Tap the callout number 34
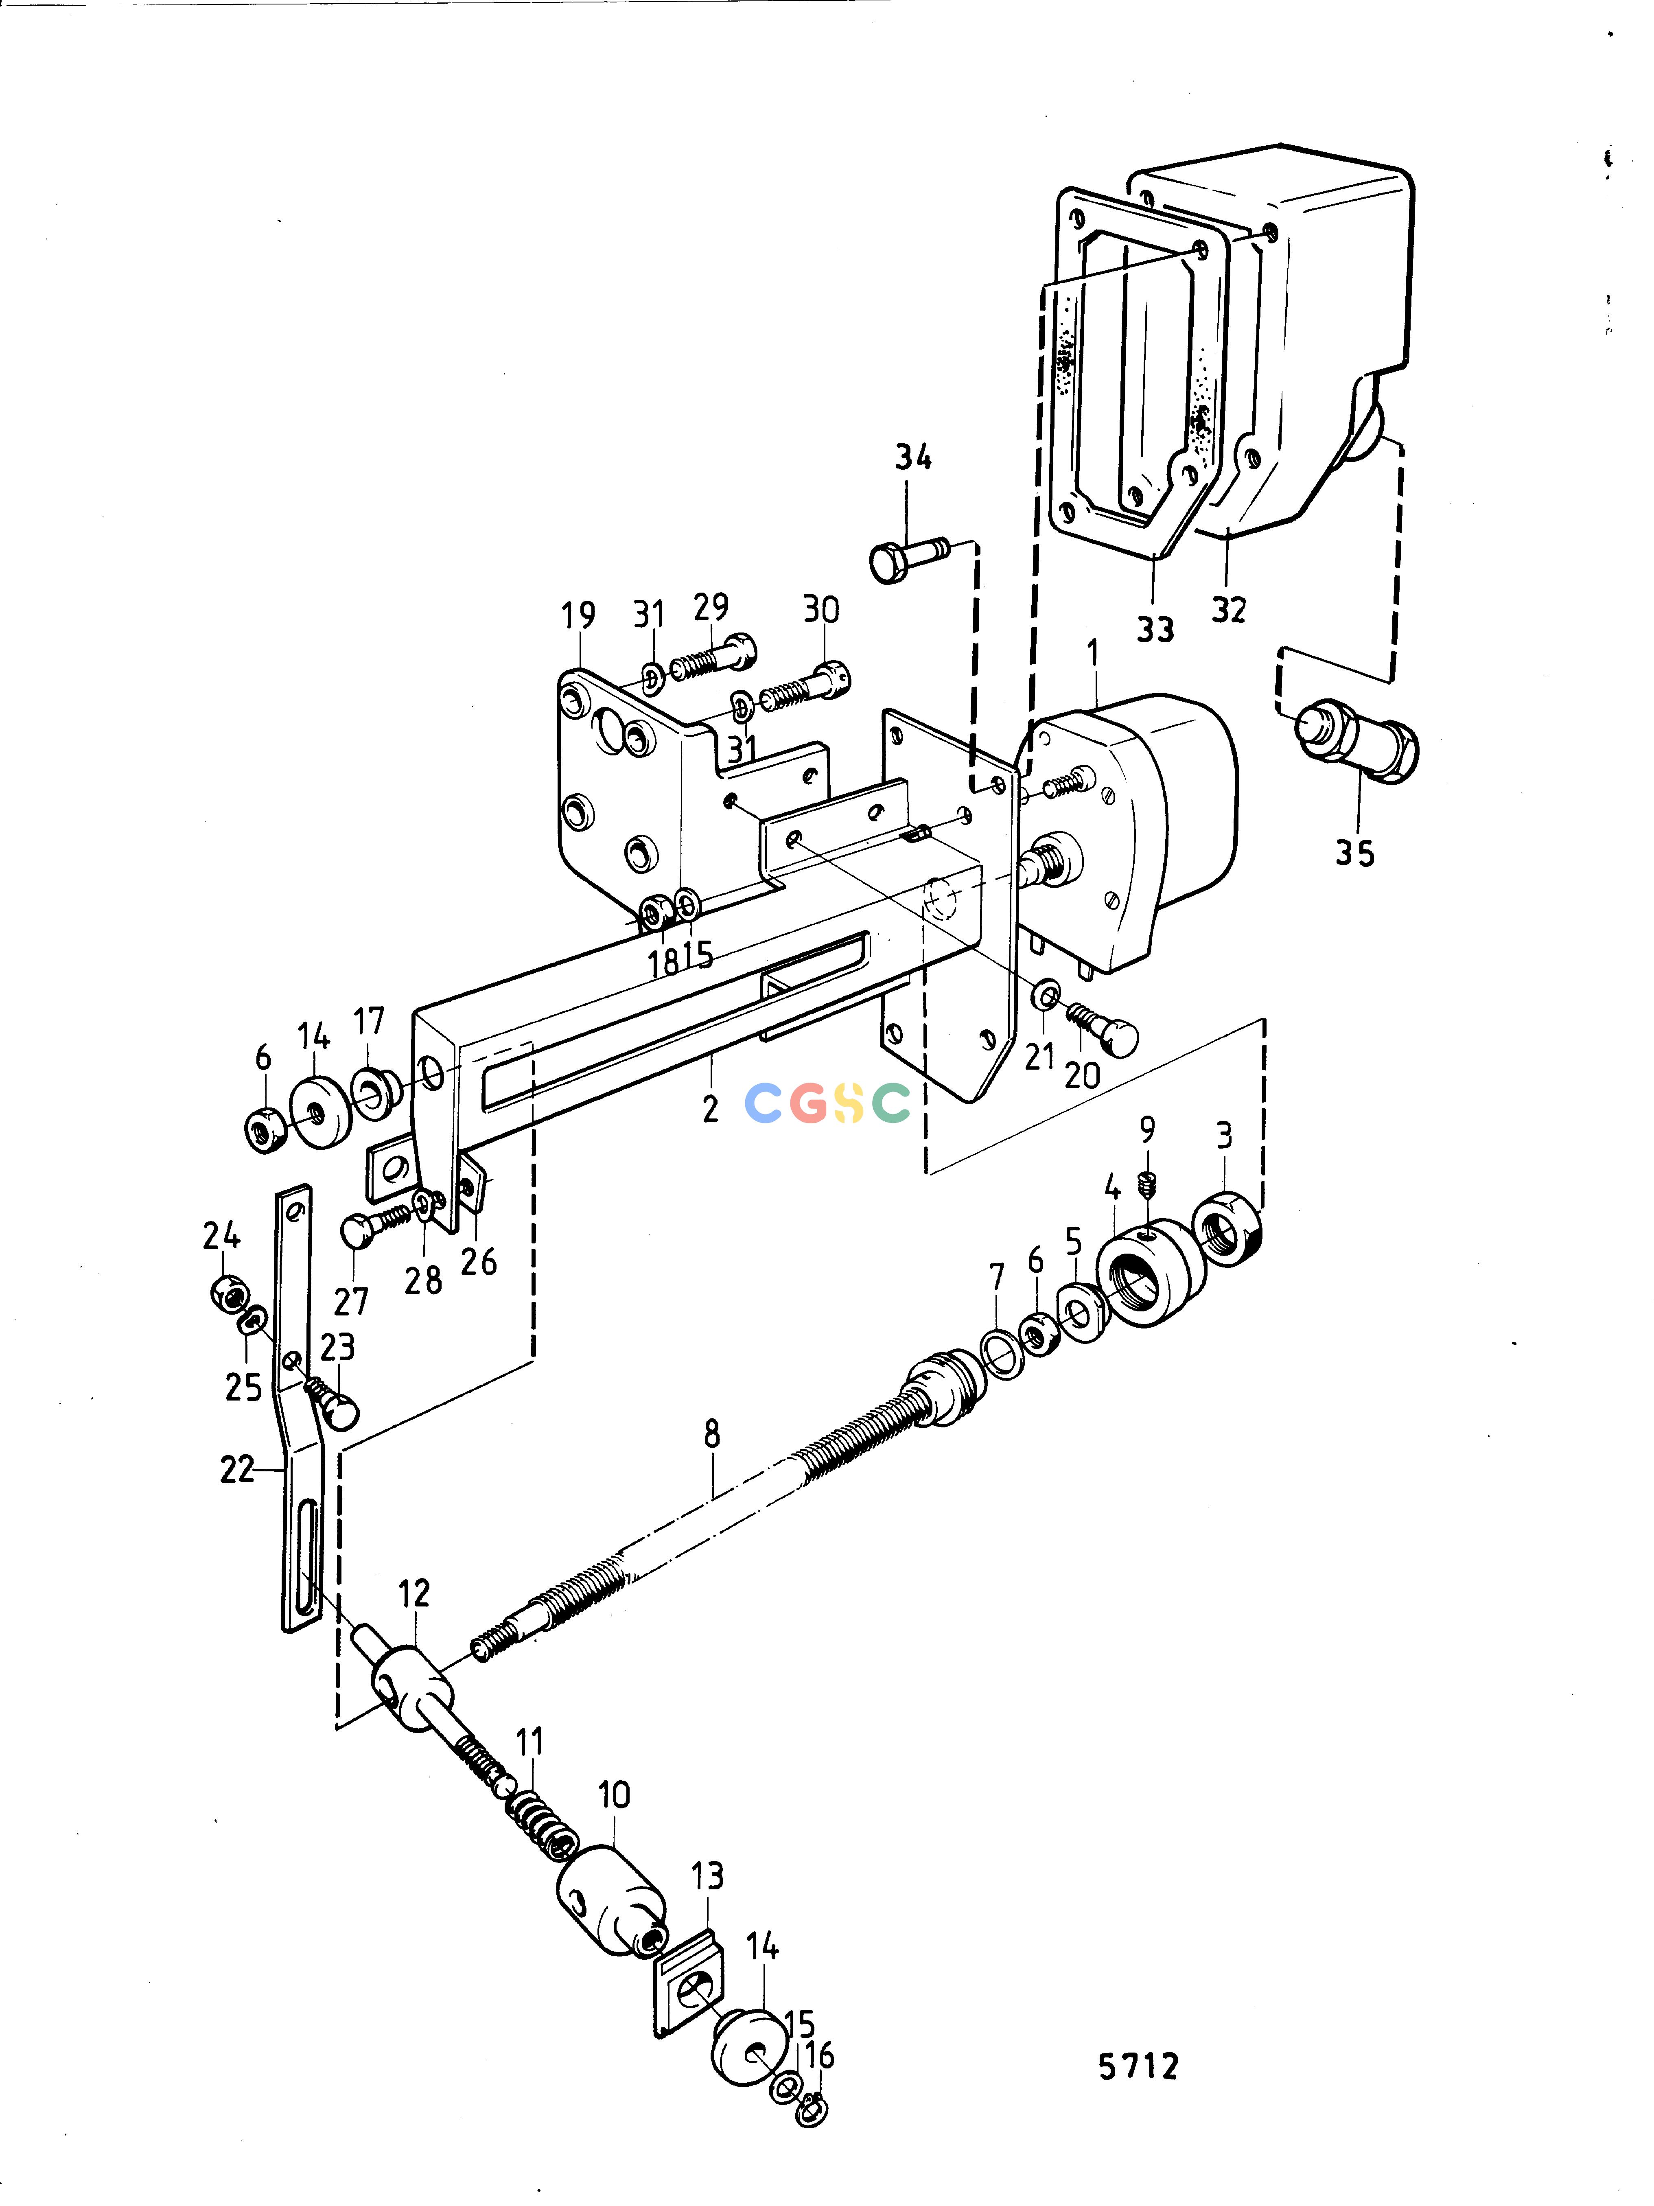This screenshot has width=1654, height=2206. (x=912, y=458)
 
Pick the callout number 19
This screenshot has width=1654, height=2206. (x=578, y=616)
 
